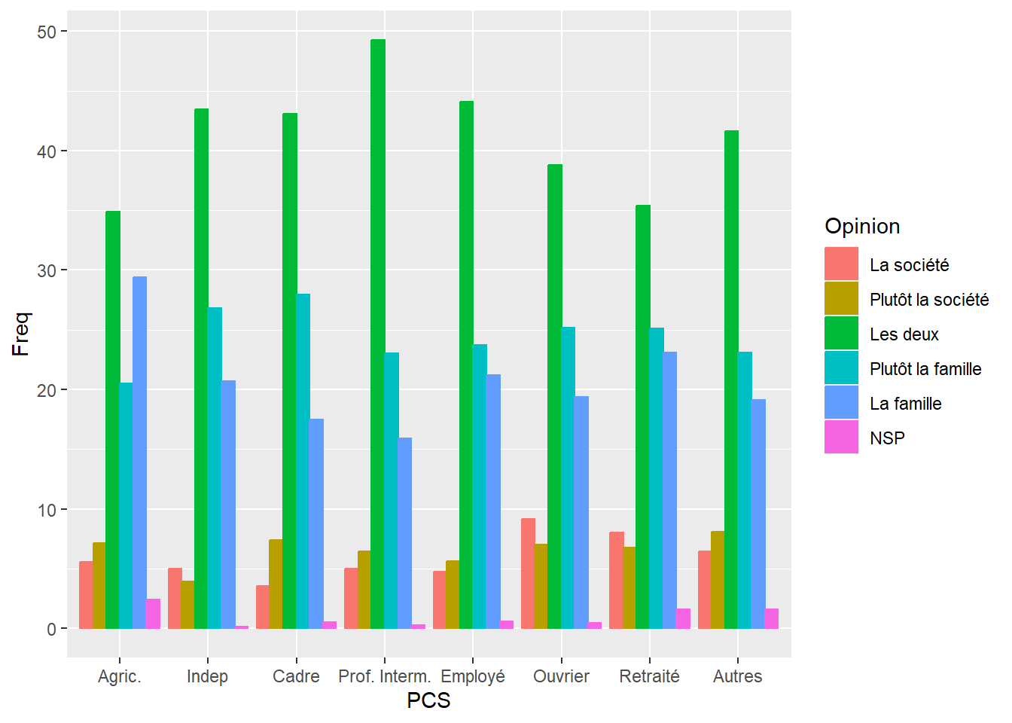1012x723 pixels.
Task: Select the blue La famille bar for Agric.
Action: (x=139, y=452)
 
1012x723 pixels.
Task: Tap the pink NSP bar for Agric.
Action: (x=153, y=614)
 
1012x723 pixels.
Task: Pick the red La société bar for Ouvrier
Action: (x=528, y=573)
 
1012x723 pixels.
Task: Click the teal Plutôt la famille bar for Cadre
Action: (x=303, y=461)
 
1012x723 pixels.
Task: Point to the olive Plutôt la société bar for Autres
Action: (x=718, y=580)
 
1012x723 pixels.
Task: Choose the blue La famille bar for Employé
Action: (x=493, y=501)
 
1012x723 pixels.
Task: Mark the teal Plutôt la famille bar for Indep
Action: (x=215, y=468)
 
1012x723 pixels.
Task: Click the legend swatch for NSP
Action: (x=841, y=438)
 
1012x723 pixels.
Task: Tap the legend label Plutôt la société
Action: (x=928, y=300)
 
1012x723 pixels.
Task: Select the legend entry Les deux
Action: (x=904, y=334)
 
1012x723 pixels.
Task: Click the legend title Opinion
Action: (x=862, y=226)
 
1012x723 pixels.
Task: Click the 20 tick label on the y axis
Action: (x=47, y=390)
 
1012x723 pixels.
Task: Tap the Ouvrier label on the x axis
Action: (x=561, y=676)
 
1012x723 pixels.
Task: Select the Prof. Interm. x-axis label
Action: (x=384, y=676)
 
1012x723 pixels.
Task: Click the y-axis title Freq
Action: (x=21, y=334)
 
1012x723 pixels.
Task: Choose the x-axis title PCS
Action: (x=428, y=700)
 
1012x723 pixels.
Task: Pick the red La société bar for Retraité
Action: (x=617, y=580)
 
